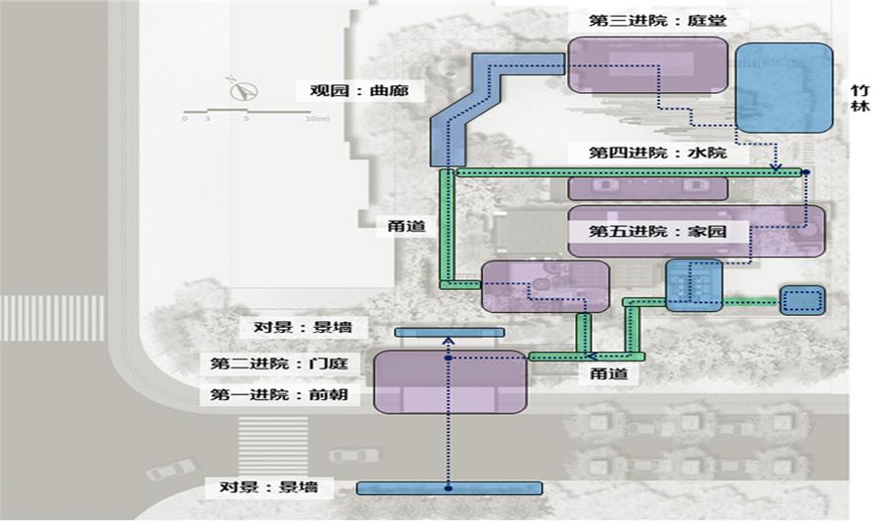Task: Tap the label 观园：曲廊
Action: click(x=352, y=90)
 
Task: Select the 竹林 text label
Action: click(x=859, y=96)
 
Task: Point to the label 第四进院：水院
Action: click(x=657, y=153)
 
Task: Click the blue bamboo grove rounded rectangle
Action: click(x=784, y=87)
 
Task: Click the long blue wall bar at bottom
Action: click(x=449, y=488)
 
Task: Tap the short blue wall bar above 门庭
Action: click(x=449, y=332)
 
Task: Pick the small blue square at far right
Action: click(x=802, y=300)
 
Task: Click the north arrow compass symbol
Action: click(x=242, y=90)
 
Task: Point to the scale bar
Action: click(x=247, y=112)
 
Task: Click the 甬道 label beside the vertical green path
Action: click(x=407, y=227)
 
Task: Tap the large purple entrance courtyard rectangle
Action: click(x=449, y=381)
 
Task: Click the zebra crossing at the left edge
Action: click(x=51, y=318)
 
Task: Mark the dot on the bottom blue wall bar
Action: click(x=448, y=488)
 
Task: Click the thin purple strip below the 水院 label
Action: click(x=647, y=188)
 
